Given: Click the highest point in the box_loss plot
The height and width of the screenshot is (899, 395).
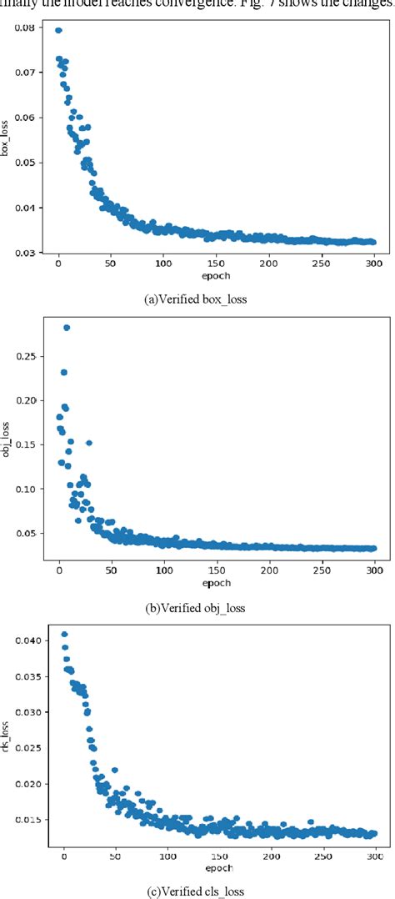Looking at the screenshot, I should [x=58, y=30].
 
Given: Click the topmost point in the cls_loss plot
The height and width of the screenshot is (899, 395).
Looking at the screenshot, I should [x=64, y=635].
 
